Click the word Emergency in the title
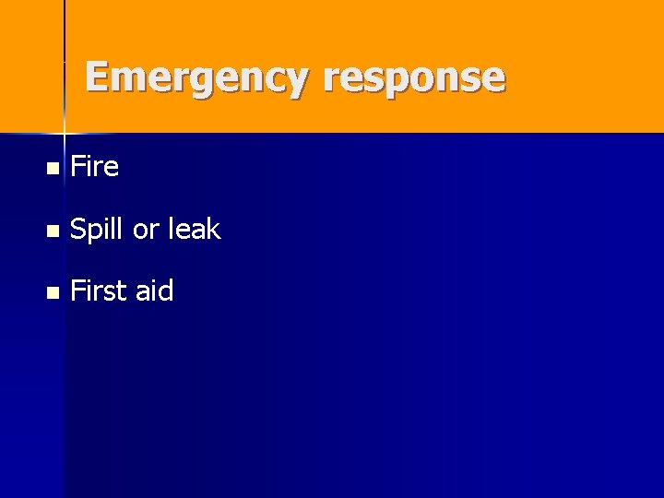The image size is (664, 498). click(196, 77)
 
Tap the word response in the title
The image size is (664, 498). click(414, 79)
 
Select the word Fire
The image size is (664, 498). click(94, 167)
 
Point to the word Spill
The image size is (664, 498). click(97, 230)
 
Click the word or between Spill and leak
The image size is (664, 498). click(145, 231)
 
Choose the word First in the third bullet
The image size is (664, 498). click(99, 291)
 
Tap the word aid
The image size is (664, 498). click(154, 291)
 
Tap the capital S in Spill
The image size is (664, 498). click(78, 230)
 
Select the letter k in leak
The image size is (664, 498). click(214, 229)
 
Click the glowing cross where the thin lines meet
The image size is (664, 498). click(64, 132)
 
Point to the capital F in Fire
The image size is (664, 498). click(78, 167)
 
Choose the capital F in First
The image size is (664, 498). click(78, 291)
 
